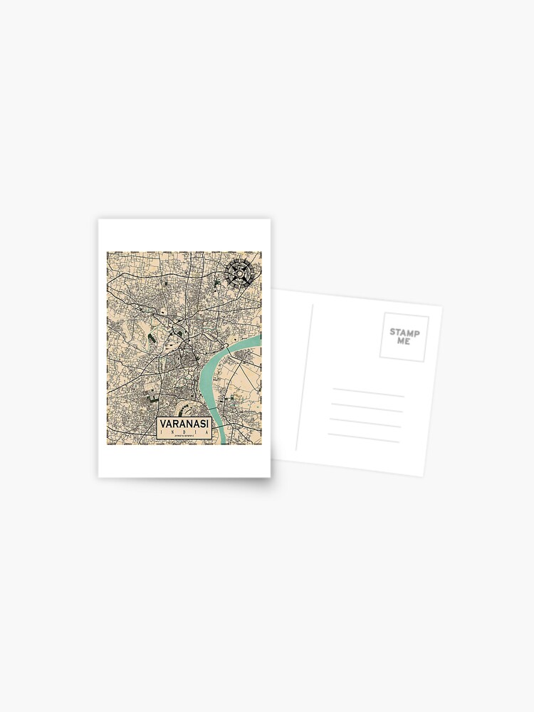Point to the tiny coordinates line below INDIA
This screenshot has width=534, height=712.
[x=184, y=439]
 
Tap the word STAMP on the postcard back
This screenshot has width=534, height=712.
[x=404, y=333]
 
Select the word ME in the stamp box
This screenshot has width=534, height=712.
[x=403, y=341]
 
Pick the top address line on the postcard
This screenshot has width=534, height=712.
[x=368, y=392]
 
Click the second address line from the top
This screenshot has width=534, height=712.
[x=366, y=407]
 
